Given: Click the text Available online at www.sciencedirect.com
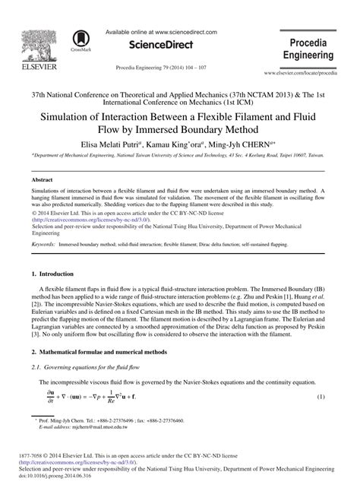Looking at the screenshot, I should pyautogui.click(x=161, y=32).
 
